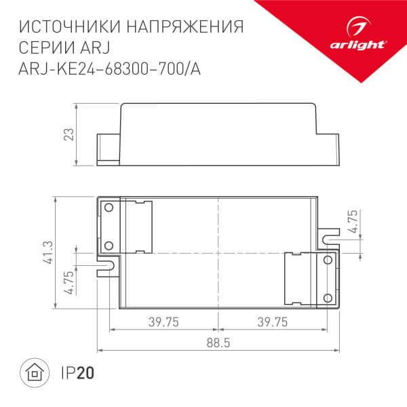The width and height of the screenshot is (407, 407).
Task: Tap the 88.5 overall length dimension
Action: [218, 343]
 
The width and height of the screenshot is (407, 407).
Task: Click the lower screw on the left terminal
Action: [108, 245]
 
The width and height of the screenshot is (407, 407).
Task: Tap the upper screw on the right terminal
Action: [328, 260]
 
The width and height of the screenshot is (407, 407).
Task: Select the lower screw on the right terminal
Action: [328, 296]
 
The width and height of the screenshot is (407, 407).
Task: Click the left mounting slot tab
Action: [107, 262]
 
